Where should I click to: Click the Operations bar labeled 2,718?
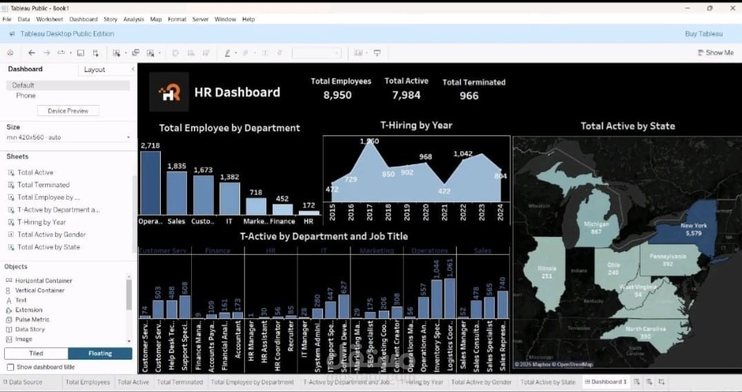(150, 183)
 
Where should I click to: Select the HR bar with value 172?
(309, 213)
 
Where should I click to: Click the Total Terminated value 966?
(469, 96)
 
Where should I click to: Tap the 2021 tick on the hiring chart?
(445, 213)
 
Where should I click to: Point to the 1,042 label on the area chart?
(462, 154)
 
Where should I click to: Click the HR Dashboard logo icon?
(169, 92)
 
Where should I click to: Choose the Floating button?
(99, 353)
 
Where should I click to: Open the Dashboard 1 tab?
(605, 382)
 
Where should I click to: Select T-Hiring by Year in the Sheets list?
(41, 222)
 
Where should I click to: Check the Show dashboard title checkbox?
(10, 367)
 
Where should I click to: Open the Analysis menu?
(133, 19)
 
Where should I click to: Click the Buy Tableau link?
(703, 34)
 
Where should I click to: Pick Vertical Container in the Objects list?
(39, 291)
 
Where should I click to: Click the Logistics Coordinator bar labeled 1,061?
(450, 298)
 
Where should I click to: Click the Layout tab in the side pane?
(95, 70)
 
